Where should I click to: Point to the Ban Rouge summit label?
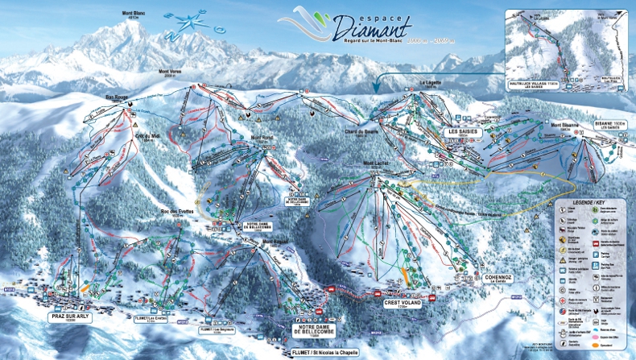118,99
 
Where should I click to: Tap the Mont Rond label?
262,137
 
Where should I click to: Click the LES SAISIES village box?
465,130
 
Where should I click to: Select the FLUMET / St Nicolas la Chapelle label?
324,352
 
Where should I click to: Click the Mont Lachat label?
376,164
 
